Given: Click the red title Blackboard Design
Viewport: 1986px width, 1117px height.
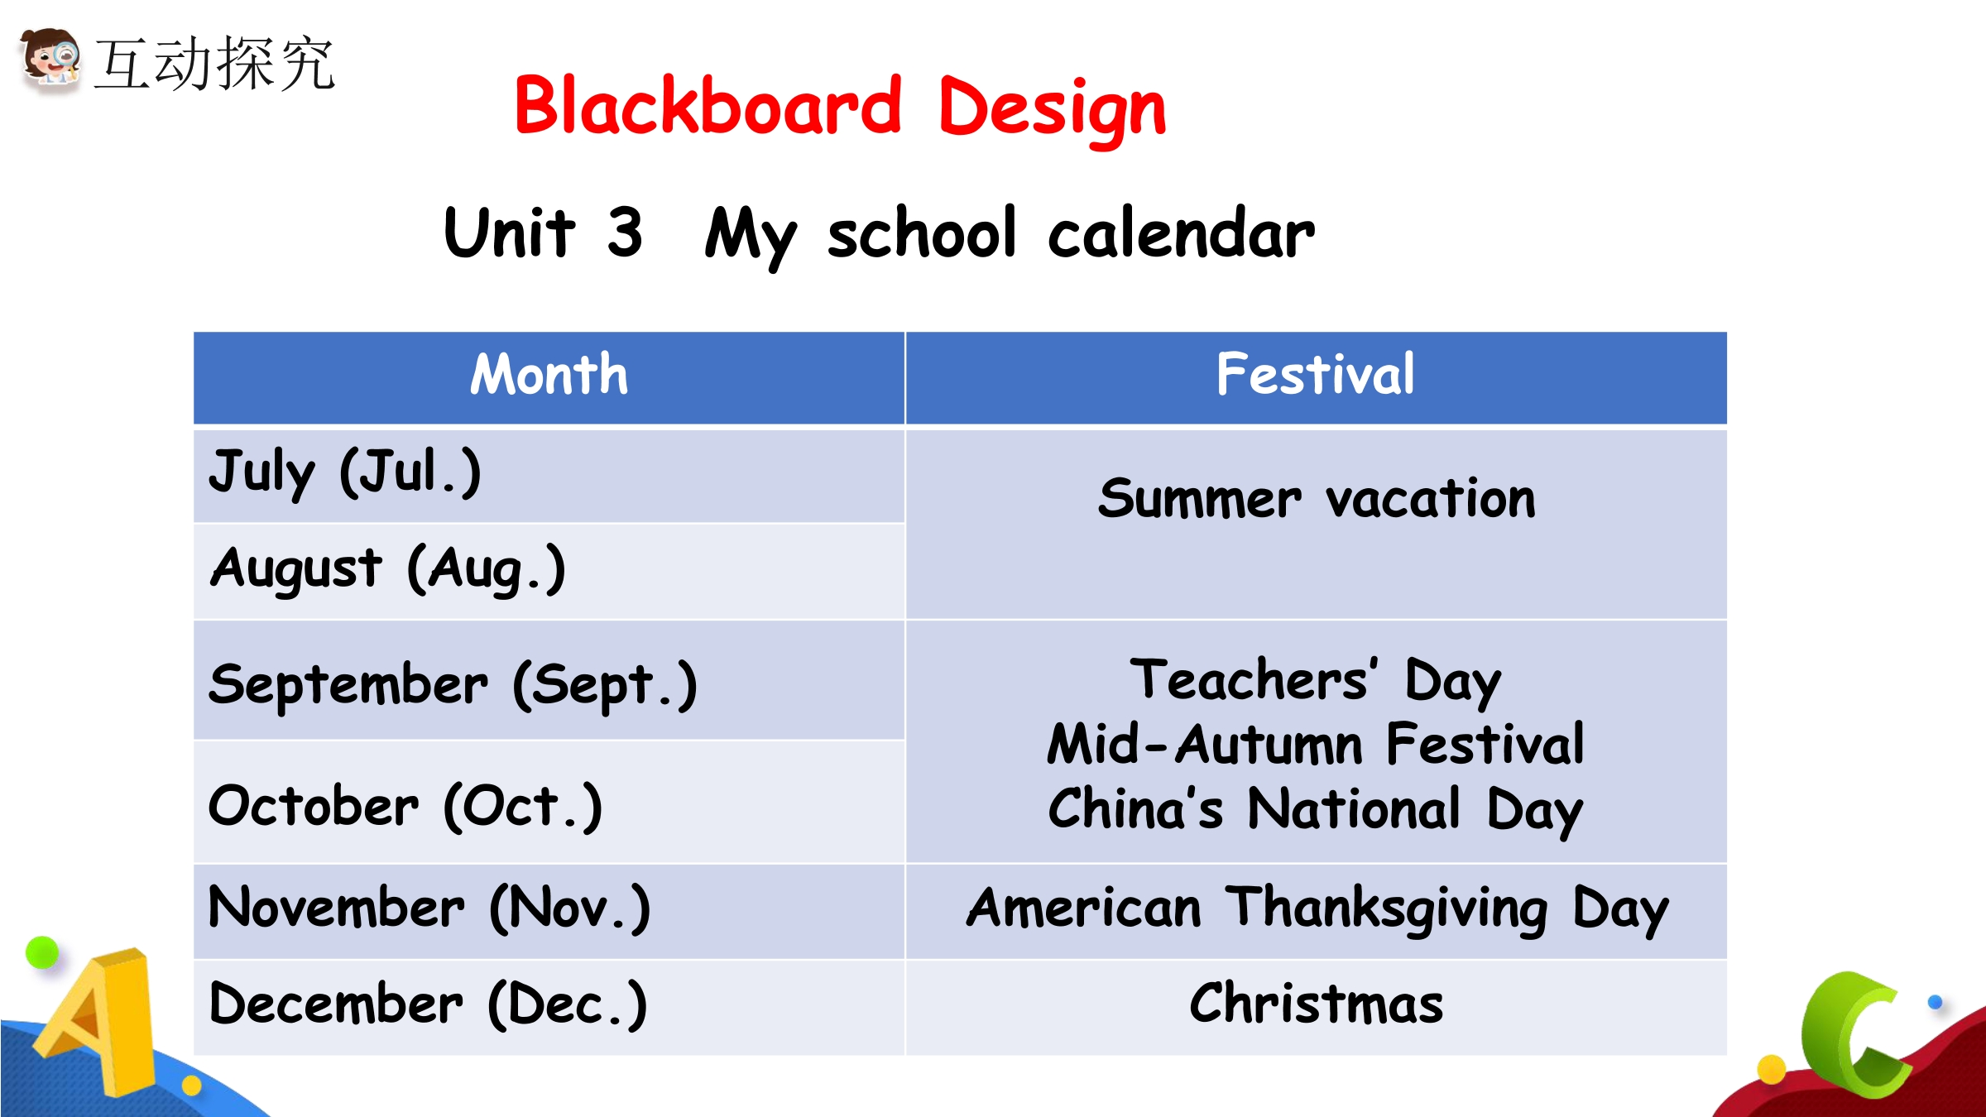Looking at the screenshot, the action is pyautogui.click(x=840, y=108).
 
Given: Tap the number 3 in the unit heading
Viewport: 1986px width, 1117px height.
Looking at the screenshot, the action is pyautogui.click(x=625, y=233).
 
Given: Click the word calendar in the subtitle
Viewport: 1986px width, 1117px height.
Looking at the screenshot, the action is pyautogui.click(x=1181, y=233).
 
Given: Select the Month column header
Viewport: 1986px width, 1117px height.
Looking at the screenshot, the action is pyautogui.click(x=549, y=377).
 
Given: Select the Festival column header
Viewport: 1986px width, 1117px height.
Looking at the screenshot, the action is pyautogui.click(x=1317, y=377).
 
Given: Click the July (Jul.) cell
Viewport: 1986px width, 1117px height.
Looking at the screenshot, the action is pyautogui.click(x=549, y=476).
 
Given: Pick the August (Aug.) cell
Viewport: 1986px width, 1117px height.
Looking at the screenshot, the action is pyautogui.click(x=549, y=571).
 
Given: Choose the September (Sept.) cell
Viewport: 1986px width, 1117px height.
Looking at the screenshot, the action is pyautogui.click(x=549, y=680).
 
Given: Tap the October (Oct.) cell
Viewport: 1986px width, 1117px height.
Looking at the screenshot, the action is pyautogui.click(x=549, y=802).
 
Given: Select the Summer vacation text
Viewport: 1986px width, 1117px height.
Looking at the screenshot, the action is pyautogui.click(x=1317, y=499).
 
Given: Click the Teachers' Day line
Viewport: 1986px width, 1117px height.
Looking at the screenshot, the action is pyautogui.click(x=1316, y=681).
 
